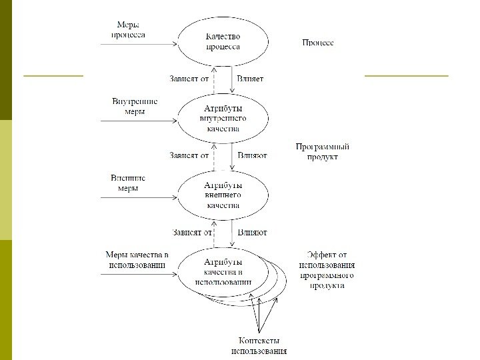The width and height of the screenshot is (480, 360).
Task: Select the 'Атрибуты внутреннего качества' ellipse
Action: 223,118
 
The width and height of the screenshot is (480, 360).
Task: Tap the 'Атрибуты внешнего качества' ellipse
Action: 223,195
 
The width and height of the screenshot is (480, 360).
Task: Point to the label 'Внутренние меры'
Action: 135,107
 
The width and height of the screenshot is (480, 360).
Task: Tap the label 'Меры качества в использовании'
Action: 137,260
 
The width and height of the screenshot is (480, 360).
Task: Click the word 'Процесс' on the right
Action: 318,43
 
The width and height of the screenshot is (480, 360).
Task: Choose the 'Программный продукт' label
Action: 323,151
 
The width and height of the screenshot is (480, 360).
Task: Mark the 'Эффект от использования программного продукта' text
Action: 326,269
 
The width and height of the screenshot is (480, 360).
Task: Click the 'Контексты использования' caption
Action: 259,345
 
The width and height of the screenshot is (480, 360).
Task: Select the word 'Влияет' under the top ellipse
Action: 250,79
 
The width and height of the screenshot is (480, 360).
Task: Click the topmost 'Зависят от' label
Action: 189,79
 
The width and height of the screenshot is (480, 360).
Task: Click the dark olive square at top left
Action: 6,60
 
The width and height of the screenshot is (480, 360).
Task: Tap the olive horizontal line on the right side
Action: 407,76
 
